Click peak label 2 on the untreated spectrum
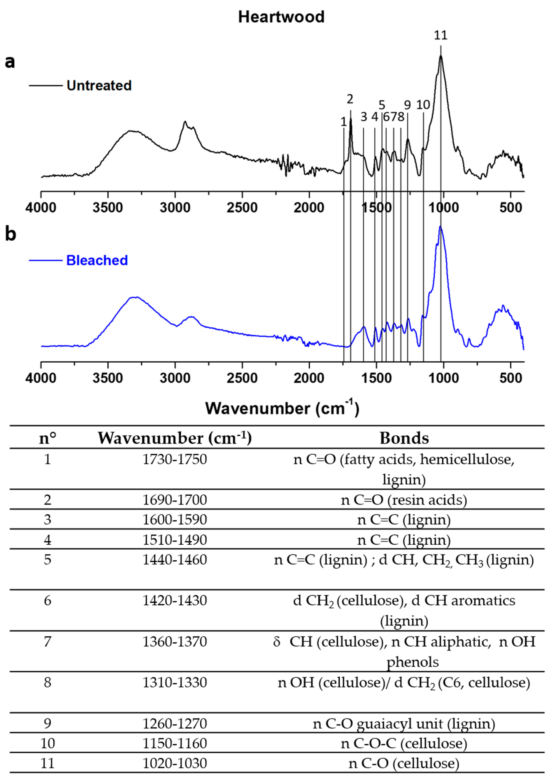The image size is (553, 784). [x=350, y=99]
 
